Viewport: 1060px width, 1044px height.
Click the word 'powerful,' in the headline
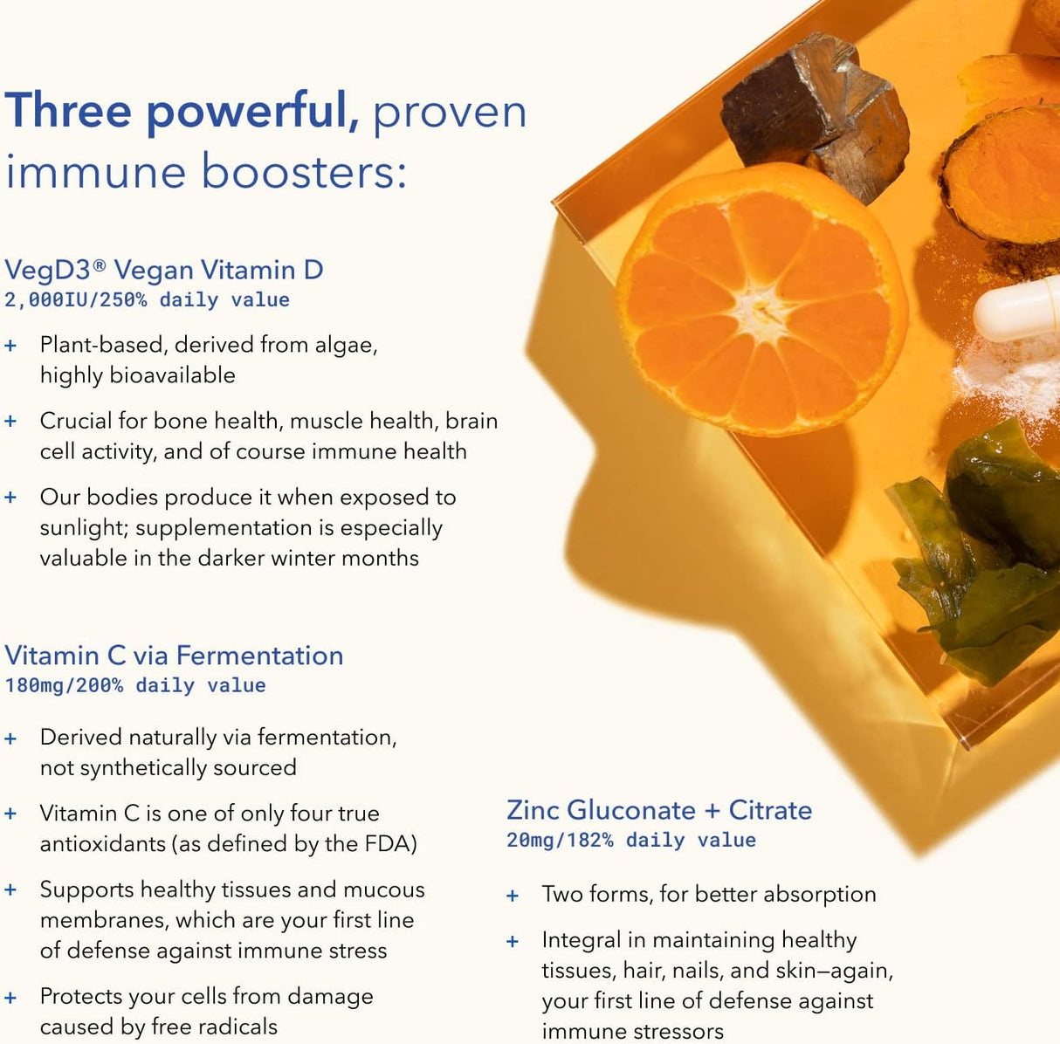[252, 112]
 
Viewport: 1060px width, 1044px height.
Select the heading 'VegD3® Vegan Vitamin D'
[164, 270]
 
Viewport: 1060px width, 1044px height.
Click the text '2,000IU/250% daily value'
[147, 299]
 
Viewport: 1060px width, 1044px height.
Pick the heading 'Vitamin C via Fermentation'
[174, 656]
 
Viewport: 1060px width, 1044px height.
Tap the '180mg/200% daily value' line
[135, 685]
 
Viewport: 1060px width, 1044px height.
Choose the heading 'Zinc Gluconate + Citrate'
[659, 810]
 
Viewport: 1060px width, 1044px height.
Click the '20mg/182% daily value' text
[631, 840]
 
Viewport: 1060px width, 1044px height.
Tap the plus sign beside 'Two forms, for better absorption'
[513, 896]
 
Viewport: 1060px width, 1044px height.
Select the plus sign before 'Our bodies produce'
[10, 498]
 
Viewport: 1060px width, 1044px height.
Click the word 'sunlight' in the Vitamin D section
[82, 528]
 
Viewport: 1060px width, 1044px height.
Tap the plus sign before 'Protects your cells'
[10, 997]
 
